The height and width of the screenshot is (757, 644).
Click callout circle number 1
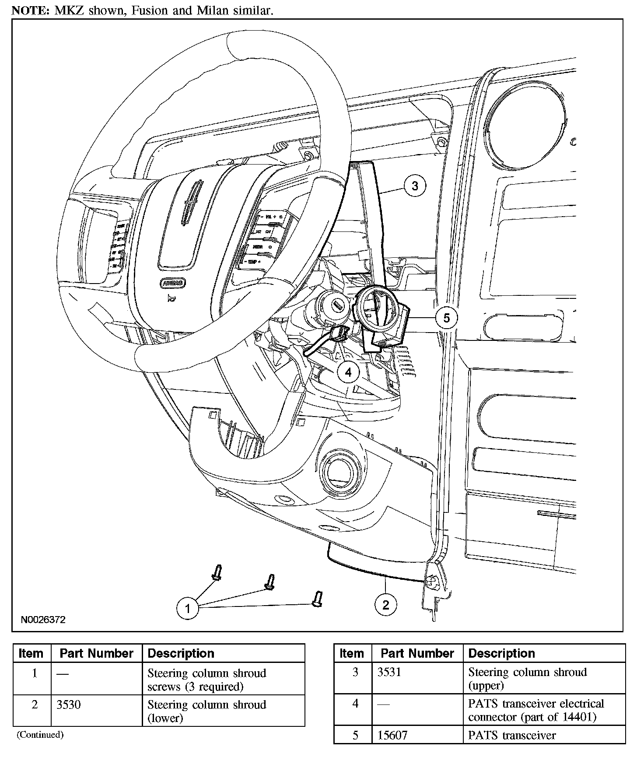(x=188, y=608)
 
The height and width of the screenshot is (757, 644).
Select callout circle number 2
(x=385, y=605)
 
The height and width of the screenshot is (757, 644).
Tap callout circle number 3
(x=415, y=186)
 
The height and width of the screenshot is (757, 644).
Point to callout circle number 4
(x=348, y=372)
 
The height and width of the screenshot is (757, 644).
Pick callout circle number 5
(x=446, y=318)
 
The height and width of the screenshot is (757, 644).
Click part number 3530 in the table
(x=69, y=704)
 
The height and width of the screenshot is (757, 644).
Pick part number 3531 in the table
(x=389, y=672)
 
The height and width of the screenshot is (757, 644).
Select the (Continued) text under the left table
(x=40, y=735)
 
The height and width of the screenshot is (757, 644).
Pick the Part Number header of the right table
(x=417, y=653)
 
